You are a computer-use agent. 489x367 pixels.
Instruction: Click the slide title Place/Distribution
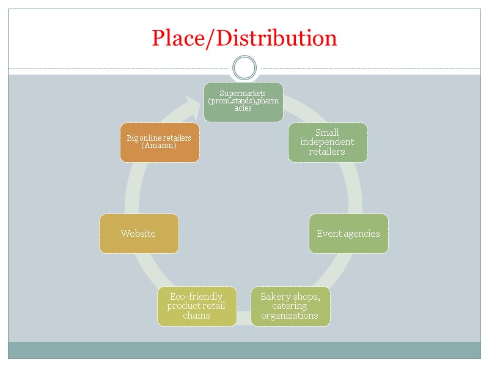pyautogui.click(x=244, y=38)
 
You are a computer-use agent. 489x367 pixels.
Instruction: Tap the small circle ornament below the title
pyautogui.click(x=244, y=68)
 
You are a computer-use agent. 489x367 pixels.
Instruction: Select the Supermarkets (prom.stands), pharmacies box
pyautogui.click(x=243, y=102)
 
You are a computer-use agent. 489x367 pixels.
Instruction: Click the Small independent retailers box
pyautogui.click(x=328, y=143)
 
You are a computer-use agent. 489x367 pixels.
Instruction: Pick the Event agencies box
pyautogui.click(x=348, y=233)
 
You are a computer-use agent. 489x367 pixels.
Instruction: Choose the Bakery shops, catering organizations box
pyautogui.click(x=290, y=306)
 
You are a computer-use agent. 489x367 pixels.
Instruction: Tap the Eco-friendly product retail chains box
pyautogui.click(x=197, y=306)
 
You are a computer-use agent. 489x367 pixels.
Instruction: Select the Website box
pyautogui.click(x=139, y=233)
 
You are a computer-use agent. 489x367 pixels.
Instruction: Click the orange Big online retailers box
pyautogui.click(x=160, y=143)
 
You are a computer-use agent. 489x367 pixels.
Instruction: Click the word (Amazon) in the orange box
pyautogui.click(x=159, y=146)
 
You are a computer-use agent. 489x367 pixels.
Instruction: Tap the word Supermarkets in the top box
pyautogui.click(x=243, y=93)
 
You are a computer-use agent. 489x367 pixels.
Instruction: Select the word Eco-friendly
pyautogui.click(x=196, y=297)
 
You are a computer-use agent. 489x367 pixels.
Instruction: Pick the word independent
pyautogui.click(x=327, y=142)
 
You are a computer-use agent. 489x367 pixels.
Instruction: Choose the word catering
pyautogui.click(x=290, y=306)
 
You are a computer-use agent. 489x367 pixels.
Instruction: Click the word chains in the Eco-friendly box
pyautogui.click(x=197, y=316)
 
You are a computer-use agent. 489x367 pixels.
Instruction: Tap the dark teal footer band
pyautogui.click(x=244, y=350)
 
